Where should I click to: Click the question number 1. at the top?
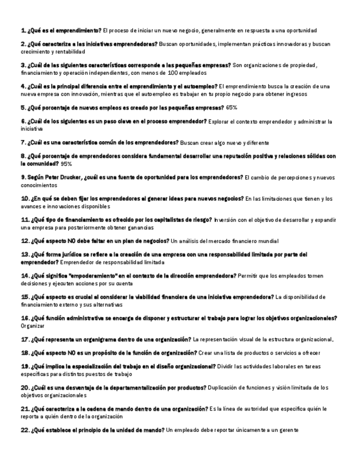23,30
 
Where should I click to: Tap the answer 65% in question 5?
232,108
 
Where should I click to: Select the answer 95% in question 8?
66,164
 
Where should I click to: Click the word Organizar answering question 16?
33,326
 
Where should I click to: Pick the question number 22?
25,430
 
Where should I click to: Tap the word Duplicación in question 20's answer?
225,388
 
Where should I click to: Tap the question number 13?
25,254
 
